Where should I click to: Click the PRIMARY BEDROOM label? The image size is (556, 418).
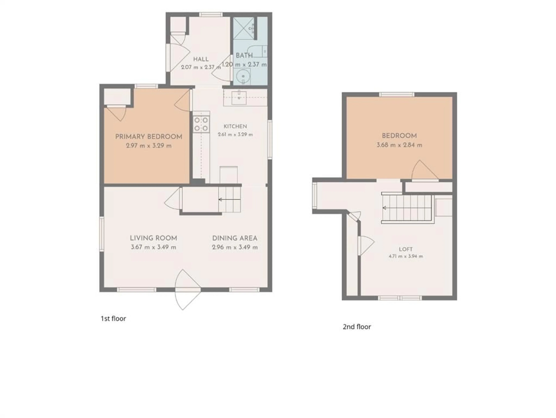(149, 137)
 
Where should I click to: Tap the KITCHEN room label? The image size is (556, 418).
(235, 126)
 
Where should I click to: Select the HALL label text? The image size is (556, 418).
(201, 59)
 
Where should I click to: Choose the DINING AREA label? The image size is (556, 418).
(235, 238)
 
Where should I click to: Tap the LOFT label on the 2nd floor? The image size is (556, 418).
(406, 249)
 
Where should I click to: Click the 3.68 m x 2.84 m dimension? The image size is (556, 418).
(399, 145)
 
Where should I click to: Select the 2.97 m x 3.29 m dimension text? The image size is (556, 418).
(149, 145)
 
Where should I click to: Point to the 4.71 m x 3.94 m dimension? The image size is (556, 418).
(406, 256)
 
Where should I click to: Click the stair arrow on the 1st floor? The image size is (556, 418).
(229, 200)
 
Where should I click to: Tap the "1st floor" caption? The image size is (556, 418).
(113, 319)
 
